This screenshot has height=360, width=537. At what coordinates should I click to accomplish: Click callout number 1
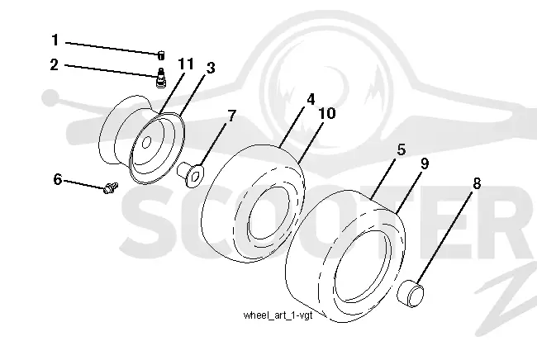[55, 40]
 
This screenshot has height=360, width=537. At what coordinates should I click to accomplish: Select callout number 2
[54, 64]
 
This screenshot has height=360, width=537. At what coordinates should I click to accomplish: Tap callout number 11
[186, 64]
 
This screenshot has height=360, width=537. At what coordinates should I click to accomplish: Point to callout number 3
[211, 68]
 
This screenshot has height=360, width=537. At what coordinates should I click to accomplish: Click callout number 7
[232, 116]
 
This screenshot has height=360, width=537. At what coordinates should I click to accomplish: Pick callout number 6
[58, 179]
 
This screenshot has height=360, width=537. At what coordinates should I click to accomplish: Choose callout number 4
[311, 99]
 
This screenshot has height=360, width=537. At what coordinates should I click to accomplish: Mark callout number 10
[327, 113]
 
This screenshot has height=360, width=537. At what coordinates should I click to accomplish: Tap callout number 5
[402, 150]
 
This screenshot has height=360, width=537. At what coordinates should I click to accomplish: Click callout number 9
[425, 163]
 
